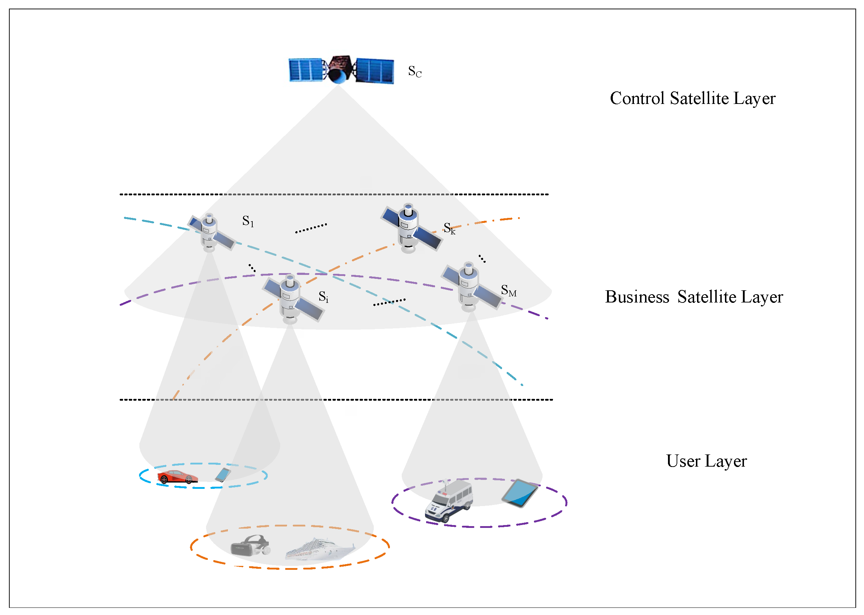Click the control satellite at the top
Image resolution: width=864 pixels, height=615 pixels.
340,70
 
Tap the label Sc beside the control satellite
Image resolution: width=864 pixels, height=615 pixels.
415,71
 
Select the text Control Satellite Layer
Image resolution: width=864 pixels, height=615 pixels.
692,99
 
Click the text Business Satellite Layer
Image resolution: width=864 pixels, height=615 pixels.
693,297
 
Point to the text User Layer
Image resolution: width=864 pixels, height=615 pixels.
706,461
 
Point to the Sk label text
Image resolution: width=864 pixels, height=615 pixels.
449,228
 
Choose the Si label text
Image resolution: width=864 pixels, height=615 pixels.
323,296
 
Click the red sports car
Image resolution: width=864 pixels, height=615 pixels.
177,477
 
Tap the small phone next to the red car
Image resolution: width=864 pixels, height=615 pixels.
223,475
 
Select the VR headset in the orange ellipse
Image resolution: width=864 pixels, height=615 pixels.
250,546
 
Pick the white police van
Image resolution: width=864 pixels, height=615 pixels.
449,501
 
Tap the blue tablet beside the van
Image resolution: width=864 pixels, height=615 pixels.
520,493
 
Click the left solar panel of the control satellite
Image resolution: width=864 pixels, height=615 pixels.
305,70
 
